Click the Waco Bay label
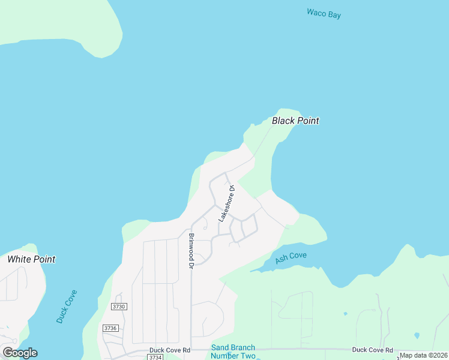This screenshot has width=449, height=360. click(324, 13)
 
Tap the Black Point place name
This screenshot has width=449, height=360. click(295, 121)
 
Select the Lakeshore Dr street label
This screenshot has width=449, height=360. click(226, 203)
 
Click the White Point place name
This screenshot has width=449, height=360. click(31, 259)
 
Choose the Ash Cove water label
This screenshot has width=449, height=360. click(291, 258)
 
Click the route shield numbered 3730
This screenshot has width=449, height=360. click(119, 307)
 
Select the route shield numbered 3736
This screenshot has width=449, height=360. click(110, 328)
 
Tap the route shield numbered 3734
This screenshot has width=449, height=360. click(155, 357)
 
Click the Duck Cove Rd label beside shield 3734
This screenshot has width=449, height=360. click(170, 350)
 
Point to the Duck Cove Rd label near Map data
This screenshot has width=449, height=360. click(372, 350)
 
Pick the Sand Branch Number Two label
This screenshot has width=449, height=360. click(233, 352)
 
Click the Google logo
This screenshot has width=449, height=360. click(20, 352)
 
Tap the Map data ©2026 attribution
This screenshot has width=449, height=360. click(423, 355)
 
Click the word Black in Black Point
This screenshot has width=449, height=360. click(283, 121)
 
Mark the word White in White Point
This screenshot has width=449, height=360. click(19, 259)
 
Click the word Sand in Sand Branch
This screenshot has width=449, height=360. click(220, 347)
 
